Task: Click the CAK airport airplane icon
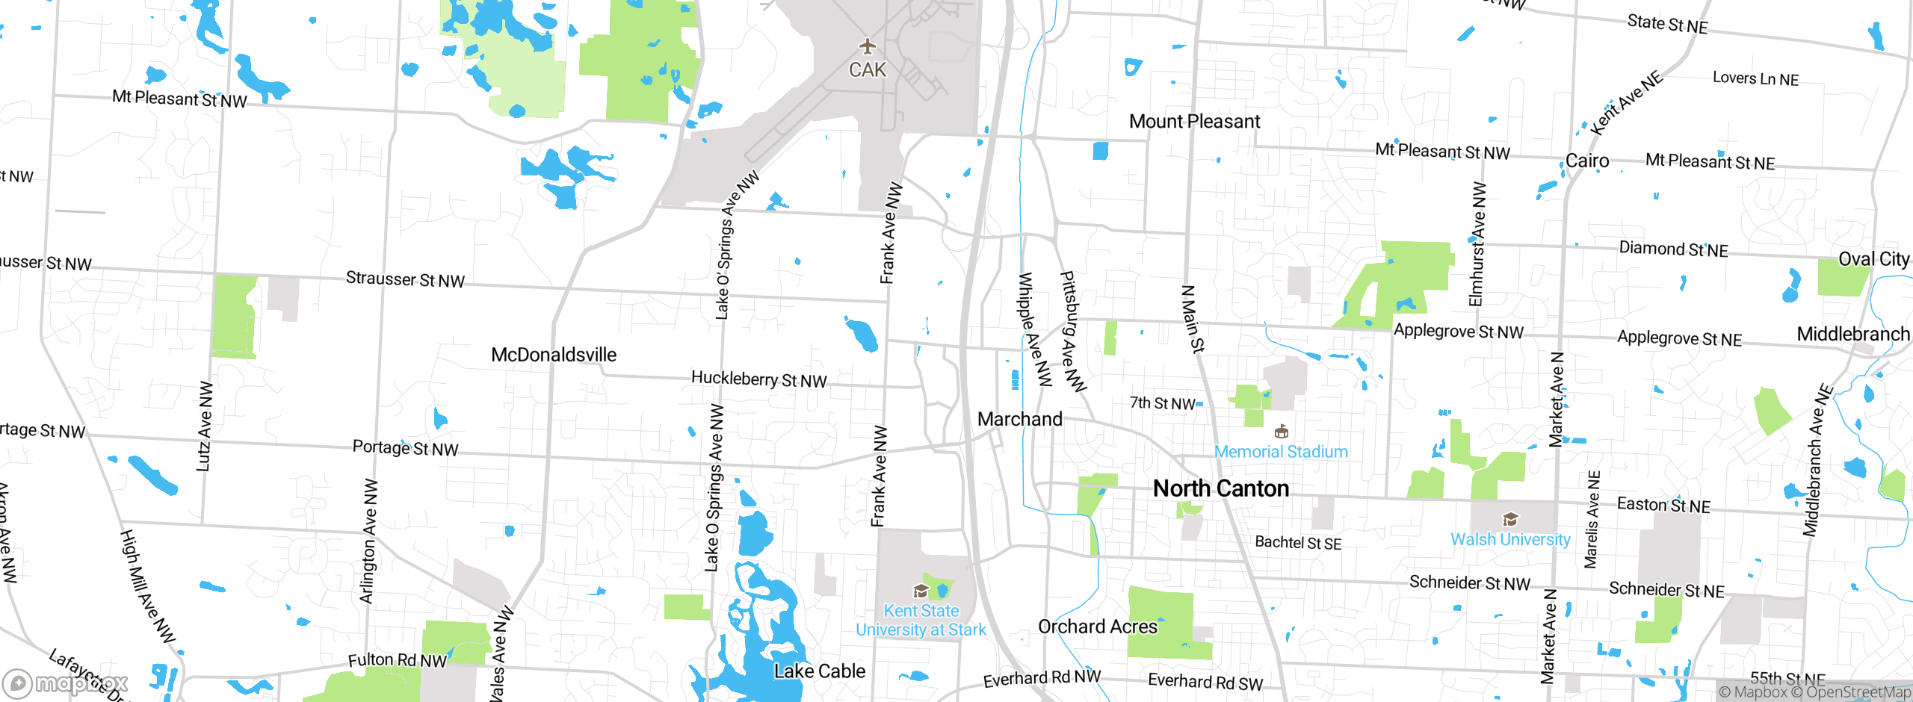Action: pos(867,46)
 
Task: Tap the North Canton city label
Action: pos(1221,488)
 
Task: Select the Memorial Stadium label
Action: pos(1281,452)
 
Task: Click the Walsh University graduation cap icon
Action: pos(1510,519)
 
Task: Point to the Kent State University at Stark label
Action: pos(921,621)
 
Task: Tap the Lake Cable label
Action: pos(820,671)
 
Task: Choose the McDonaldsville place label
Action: pos(554,355)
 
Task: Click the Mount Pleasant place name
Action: pos(1194,121)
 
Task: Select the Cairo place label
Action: pos(1587,161)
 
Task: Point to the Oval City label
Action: pos(1873,259)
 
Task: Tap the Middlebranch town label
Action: pos(1853,334)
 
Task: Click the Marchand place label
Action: pos(1019,419)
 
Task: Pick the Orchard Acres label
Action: pos(1097,627)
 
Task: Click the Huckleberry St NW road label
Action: pos(758,379)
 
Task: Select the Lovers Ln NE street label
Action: pos(1755,78)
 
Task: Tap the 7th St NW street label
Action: pos(1162,403)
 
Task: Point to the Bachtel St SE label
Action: pos(1298,542)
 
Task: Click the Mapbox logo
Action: pos(66,683)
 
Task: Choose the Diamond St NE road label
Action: pos(1673,249)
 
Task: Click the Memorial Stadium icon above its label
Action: pos(1281,432)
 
